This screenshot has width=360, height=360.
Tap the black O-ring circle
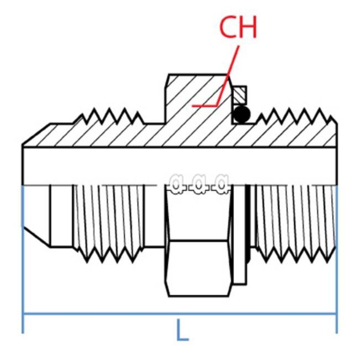(241, 114)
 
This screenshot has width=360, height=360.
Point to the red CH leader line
(226, 77)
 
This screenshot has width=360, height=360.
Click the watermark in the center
(199, 183)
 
